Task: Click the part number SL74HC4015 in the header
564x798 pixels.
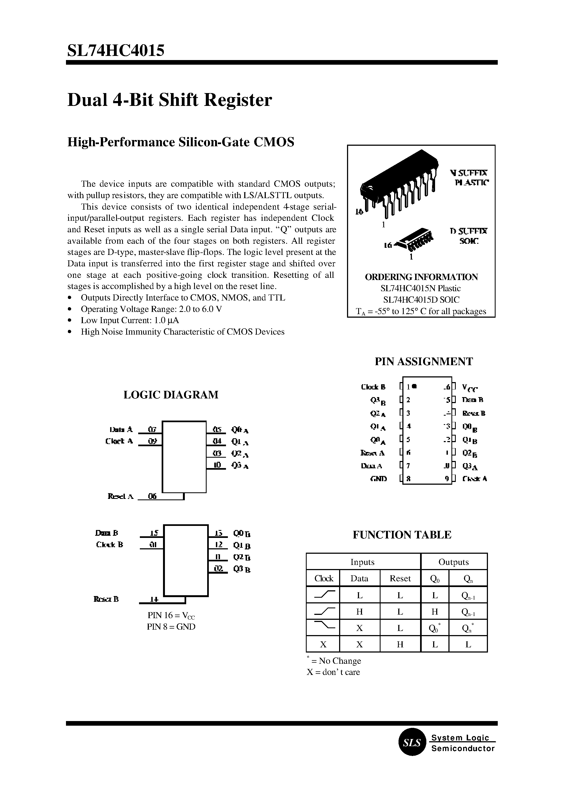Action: tap(116, 51)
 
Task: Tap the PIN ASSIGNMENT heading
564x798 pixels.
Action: tap(423, 362)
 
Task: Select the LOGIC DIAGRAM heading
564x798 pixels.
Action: tap(171, 395)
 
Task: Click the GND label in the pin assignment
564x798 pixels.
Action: tap(379, 479)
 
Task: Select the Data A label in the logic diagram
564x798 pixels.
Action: tap(121, 429)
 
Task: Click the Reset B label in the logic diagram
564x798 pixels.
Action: tap(106, 599)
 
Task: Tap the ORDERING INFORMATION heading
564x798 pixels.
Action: tap(421, 277)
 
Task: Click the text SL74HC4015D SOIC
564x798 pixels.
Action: tap(421, 300)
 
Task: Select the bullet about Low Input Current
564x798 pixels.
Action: tap(129, 320)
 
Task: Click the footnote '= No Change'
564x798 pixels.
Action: tap(339, 661)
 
